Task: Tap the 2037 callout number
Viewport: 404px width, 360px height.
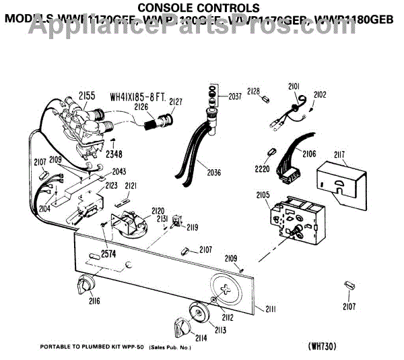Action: click(234, 96)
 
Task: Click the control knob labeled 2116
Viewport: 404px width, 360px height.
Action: click(88, 283)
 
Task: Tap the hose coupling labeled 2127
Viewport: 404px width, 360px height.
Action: click(164, 122)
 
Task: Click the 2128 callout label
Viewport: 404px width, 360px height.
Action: click(252, 90)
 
